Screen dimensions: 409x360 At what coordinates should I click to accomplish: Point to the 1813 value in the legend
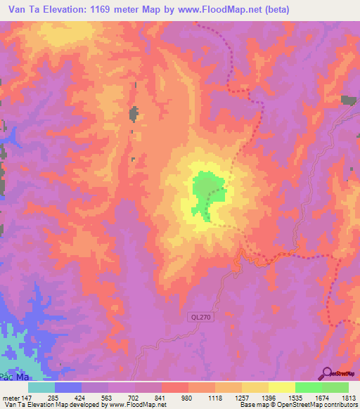348,398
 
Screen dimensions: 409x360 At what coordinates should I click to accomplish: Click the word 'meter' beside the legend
10,398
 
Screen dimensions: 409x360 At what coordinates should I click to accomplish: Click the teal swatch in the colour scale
41,387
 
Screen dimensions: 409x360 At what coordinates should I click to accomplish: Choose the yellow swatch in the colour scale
281,387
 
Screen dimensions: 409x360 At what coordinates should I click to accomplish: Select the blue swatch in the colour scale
68,387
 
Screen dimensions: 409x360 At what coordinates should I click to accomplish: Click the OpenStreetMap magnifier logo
326,373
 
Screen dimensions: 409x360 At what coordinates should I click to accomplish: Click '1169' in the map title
89,10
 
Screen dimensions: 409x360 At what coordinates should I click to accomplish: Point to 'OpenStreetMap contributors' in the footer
309,405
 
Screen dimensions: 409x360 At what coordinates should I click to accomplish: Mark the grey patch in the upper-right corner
349,100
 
